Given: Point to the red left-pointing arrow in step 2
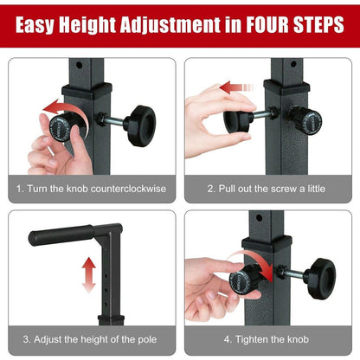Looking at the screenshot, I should point(235,88).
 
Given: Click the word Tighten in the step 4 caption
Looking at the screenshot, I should point(255,338).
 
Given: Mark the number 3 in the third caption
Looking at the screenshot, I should point(27,338).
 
